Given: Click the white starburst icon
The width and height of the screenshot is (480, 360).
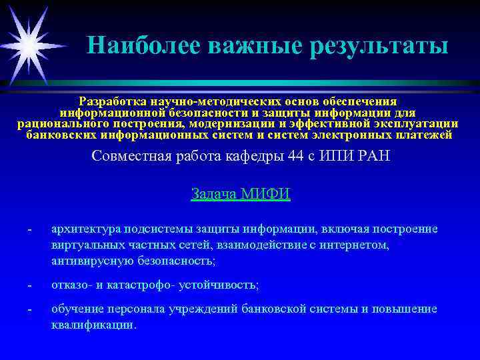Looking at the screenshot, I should pos(29,44).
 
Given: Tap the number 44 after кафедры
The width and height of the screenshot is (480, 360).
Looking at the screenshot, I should pos(279,157).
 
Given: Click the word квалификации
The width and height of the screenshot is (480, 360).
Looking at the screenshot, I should pos(93,326).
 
